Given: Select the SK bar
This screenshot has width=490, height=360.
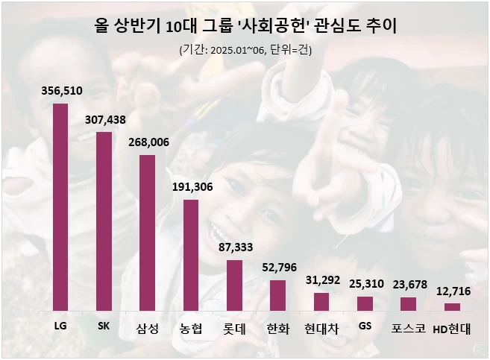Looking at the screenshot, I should (104, 221).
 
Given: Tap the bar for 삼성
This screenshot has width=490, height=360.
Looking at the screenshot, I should (147, 233).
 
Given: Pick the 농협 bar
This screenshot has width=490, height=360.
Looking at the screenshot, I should (191, 255).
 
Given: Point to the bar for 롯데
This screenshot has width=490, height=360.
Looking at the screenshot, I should (234, 285).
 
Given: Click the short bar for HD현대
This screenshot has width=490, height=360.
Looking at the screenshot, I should (452, 306).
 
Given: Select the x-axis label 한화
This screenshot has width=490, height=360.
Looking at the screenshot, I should (277, 328).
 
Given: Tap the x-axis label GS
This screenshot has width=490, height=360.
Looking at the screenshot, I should (365, 326).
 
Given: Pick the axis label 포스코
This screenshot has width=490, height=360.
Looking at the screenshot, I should (408, 328).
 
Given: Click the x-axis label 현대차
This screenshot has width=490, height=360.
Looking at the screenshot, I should (321, 328).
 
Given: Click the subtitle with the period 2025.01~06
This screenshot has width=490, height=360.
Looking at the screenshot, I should (245, 50).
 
